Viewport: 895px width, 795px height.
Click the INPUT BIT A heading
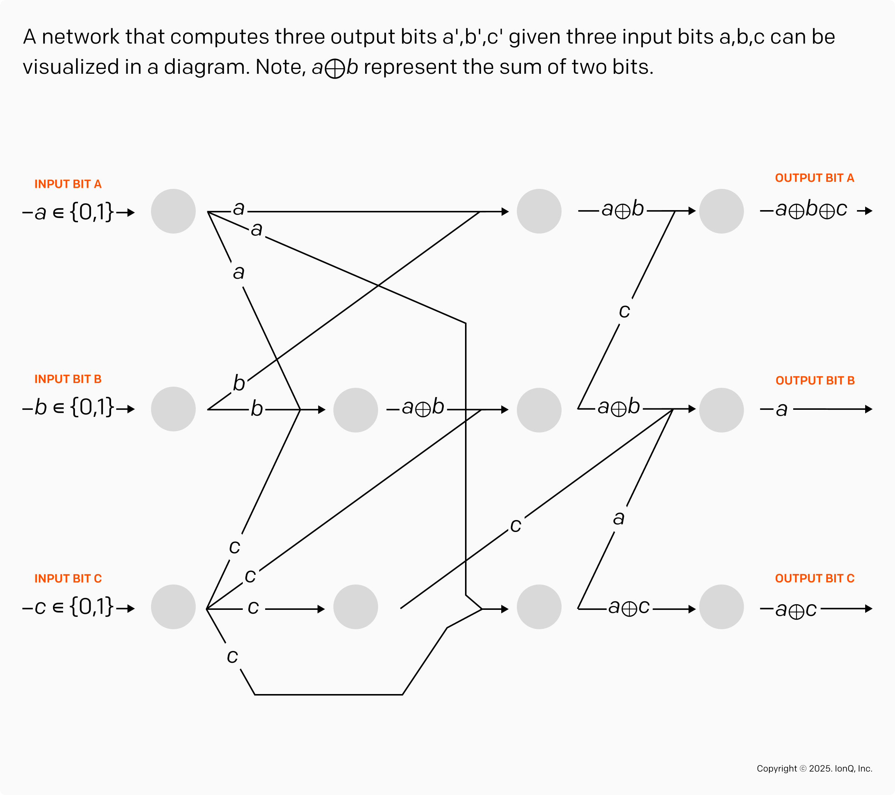[68, 184]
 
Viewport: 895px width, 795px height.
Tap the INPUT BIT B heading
[68, 379]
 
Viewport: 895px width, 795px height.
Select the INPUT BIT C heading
[68, 579]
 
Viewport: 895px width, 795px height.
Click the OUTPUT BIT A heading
[814, 178]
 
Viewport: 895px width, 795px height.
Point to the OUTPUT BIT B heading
[815, 381]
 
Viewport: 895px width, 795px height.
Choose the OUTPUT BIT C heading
[814, 579]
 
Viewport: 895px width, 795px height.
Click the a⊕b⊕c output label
[811, 210]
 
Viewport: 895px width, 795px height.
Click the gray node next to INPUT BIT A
[173, 211]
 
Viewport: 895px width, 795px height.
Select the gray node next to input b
[173, 409]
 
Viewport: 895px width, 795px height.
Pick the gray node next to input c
[173, 607]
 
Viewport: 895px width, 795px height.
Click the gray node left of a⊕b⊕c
[721, 211]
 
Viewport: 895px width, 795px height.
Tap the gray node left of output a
[721, 410]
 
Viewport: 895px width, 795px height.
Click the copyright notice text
[814, 768]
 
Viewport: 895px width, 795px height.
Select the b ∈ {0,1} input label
[75, 408]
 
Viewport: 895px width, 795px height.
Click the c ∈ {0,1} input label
[75, 607]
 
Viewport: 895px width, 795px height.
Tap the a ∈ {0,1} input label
[75, 213]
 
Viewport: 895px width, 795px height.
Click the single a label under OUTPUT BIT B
[782, 410]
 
